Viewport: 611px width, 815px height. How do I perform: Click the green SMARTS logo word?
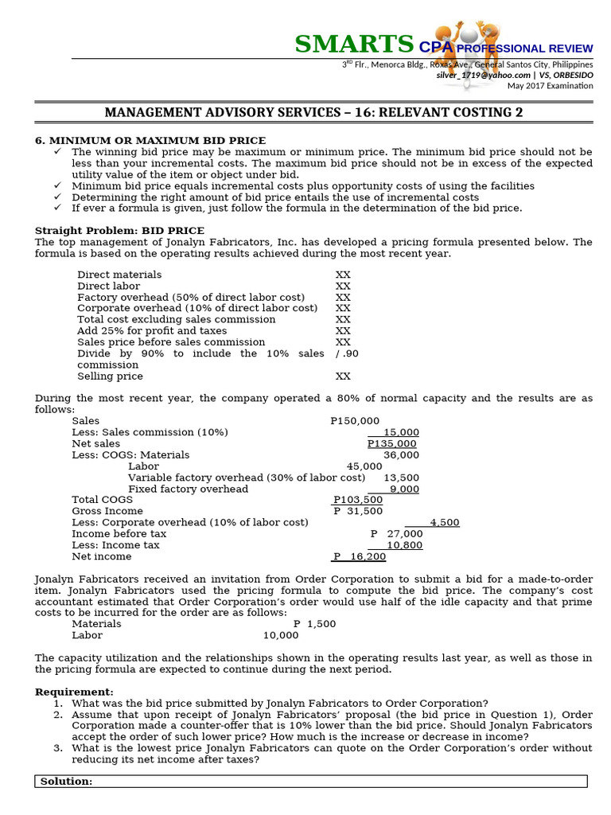click(354, 44)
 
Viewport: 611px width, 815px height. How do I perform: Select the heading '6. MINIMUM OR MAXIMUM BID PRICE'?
click(150, 140)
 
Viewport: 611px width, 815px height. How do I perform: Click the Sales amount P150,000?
click(355, 420)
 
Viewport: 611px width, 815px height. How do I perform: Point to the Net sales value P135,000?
click(391, 443)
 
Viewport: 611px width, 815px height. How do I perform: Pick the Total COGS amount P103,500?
click(358, 500)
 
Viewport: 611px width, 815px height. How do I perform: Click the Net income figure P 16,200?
click(360, 556)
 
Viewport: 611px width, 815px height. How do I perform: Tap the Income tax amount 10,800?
click(404, 545)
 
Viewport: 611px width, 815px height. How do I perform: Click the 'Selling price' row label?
click(110, 376)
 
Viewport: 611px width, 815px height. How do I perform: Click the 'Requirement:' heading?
click(74, 692)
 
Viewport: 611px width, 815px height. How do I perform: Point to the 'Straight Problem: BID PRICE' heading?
click(119, 230)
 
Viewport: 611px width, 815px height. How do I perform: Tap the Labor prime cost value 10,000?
click(281, 635)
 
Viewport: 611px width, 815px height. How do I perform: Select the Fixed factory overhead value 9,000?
click(404, 489)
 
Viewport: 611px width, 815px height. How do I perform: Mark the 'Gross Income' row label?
click(107, 511)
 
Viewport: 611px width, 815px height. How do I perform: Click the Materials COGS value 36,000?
click(401, 454)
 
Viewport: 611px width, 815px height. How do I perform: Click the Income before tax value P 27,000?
click(396, 533)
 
